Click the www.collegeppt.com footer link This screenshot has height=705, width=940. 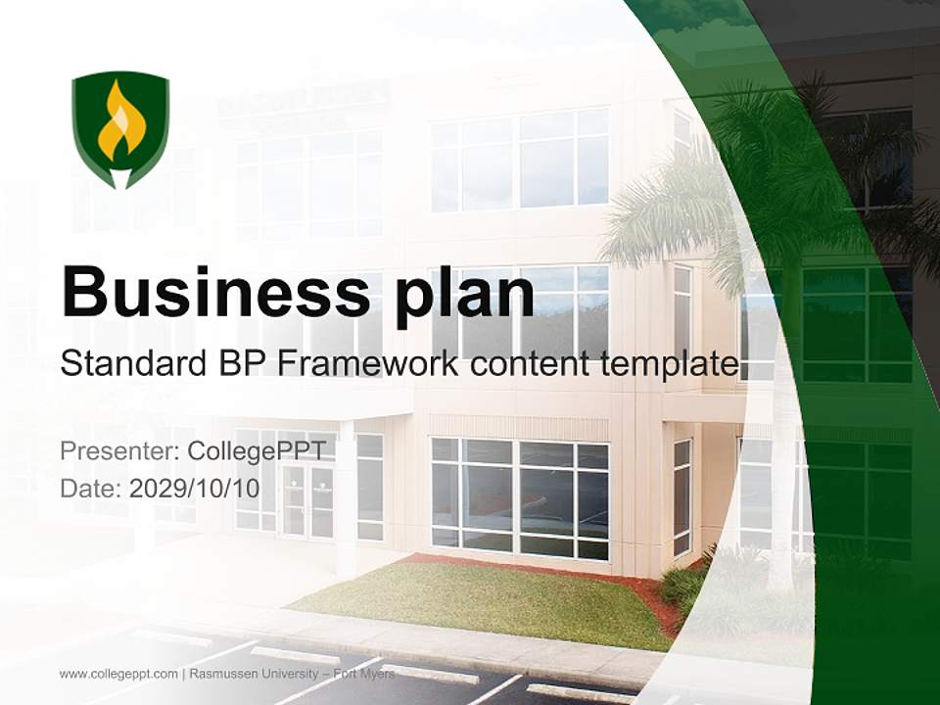tap(118, 674)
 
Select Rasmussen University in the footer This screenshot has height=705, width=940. tap(254, 674)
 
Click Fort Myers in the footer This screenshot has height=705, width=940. tap(364, 674)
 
